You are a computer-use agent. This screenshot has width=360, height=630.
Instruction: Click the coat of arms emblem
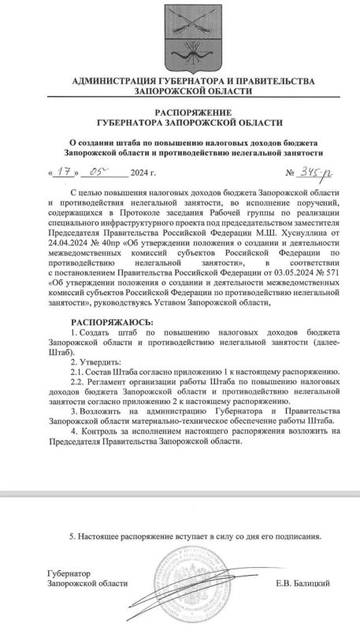180,34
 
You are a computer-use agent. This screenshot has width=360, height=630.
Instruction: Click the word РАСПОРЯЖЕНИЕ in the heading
180,112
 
